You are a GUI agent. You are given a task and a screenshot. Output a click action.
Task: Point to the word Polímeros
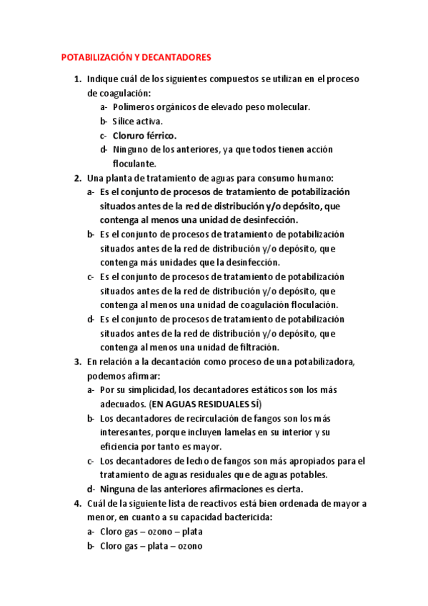135,107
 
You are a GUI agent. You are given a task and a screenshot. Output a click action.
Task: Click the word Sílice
125,121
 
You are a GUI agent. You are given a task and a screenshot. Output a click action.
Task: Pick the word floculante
135,164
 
